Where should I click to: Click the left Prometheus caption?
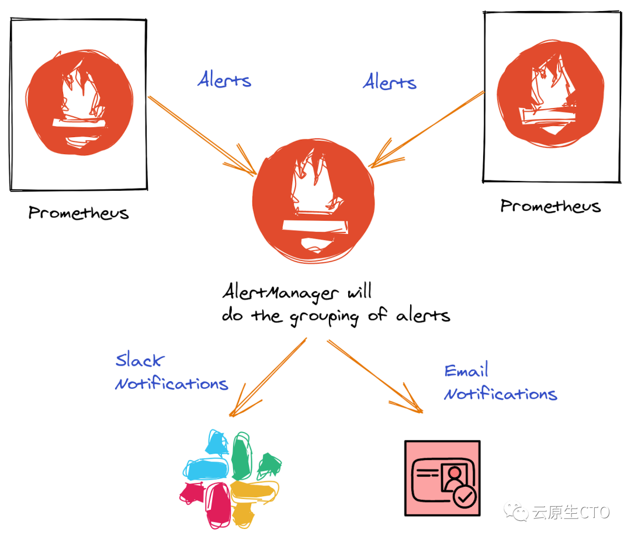coord(78,212)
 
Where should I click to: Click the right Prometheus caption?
coord(550,206)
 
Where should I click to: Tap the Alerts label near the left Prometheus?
coord(224,80)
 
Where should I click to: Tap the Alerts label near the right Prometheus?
coord(390,82)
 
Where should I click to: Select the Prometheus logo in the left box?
coord(79,105)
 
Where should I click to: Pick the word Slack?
coord(140,360)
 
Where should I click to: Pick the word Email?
coord(466,371)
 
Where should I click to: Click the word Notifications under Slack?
coord(172,384)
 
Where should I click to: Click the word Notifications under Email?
coord(501,394)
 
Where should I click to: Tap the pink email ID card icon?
coord(442,478)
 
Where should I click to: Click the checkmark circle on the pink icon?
coord(465,497)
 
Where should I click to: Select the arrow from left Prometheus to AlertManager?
coord(202,135)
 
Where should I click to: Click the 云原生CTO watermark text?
coord(570,513)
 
